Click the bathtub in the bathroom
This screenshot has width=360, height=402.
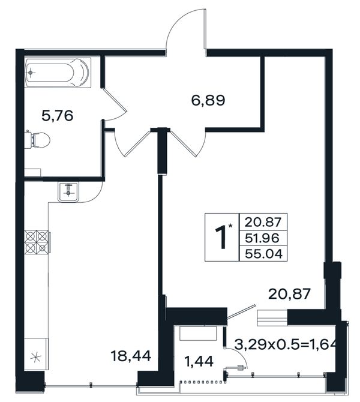(x=58, y=73)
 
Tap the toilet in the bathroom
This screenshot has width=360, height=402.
(x=38, y=140)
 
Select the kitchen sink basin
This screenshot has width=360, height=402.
(x=68, y=192)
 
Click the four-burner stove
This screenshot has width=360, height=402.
(x=37, y=242)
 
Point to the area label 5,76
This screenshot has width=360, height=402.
(x=58, y=116)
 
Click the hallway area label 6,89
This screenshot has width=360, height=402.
(x=208, y=100)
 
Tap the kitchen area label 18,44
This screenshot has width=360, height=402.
(x=131, y=356)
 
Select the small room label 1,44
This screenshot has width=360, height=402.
(x=199, y=361)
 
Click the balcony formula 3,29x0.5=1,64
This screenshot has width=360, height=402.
(x=285, y=346)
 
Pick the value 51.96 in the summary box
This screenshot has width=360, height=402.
(x=262, y=238)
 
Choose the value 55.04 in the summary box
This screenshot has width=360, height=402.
(x=263, y=254)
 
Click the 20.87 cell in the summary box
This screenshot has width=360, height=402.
(x=263, y=222)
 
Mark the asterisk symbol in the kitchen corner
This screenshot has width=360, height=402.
(x=35, y=357)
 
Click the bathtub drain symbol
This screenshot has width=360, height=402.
(x=31, y=73)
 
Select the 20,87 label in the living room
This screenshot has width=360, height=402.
(x=289, y=294)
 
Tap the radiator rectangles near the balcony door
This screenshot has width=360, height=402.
(x=272, y=318)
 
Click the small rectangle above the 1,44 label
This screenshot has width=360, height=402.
(x=198, y=333)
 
